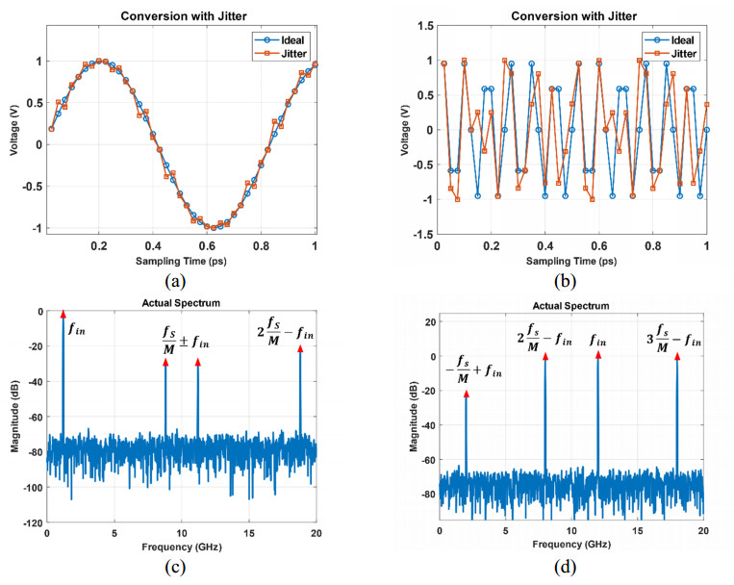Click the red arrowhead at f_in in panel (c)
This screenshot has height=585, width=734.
pos(63,315)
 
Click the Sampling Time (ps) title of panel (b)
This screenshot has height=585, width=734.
pos(571,262)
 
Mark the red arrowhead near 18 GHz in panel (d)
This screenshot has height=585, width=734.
pos(676,357)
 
